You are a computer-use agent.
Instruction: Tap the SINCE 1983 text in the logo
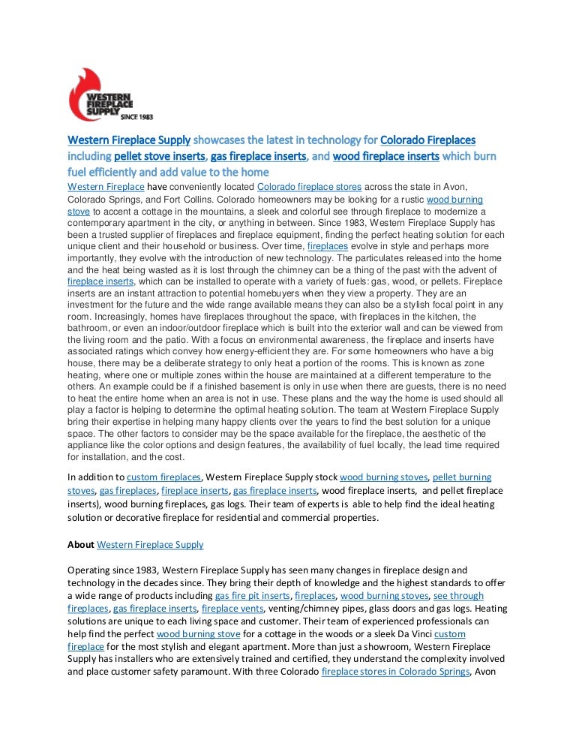137,118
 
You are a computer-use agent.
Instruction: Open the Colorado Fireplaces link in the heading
427,140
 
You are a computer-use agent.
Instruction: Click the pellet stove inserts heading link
159,157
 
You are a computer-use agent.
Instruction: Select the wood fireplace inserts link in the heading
386,157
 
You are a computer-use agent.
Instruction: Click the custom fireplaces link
164,477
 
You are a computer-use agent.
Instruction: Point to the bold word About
81,544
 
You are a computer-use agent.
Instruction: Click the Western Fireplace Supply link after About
151,544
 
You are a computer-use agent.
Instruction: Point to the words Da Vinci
411,634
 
